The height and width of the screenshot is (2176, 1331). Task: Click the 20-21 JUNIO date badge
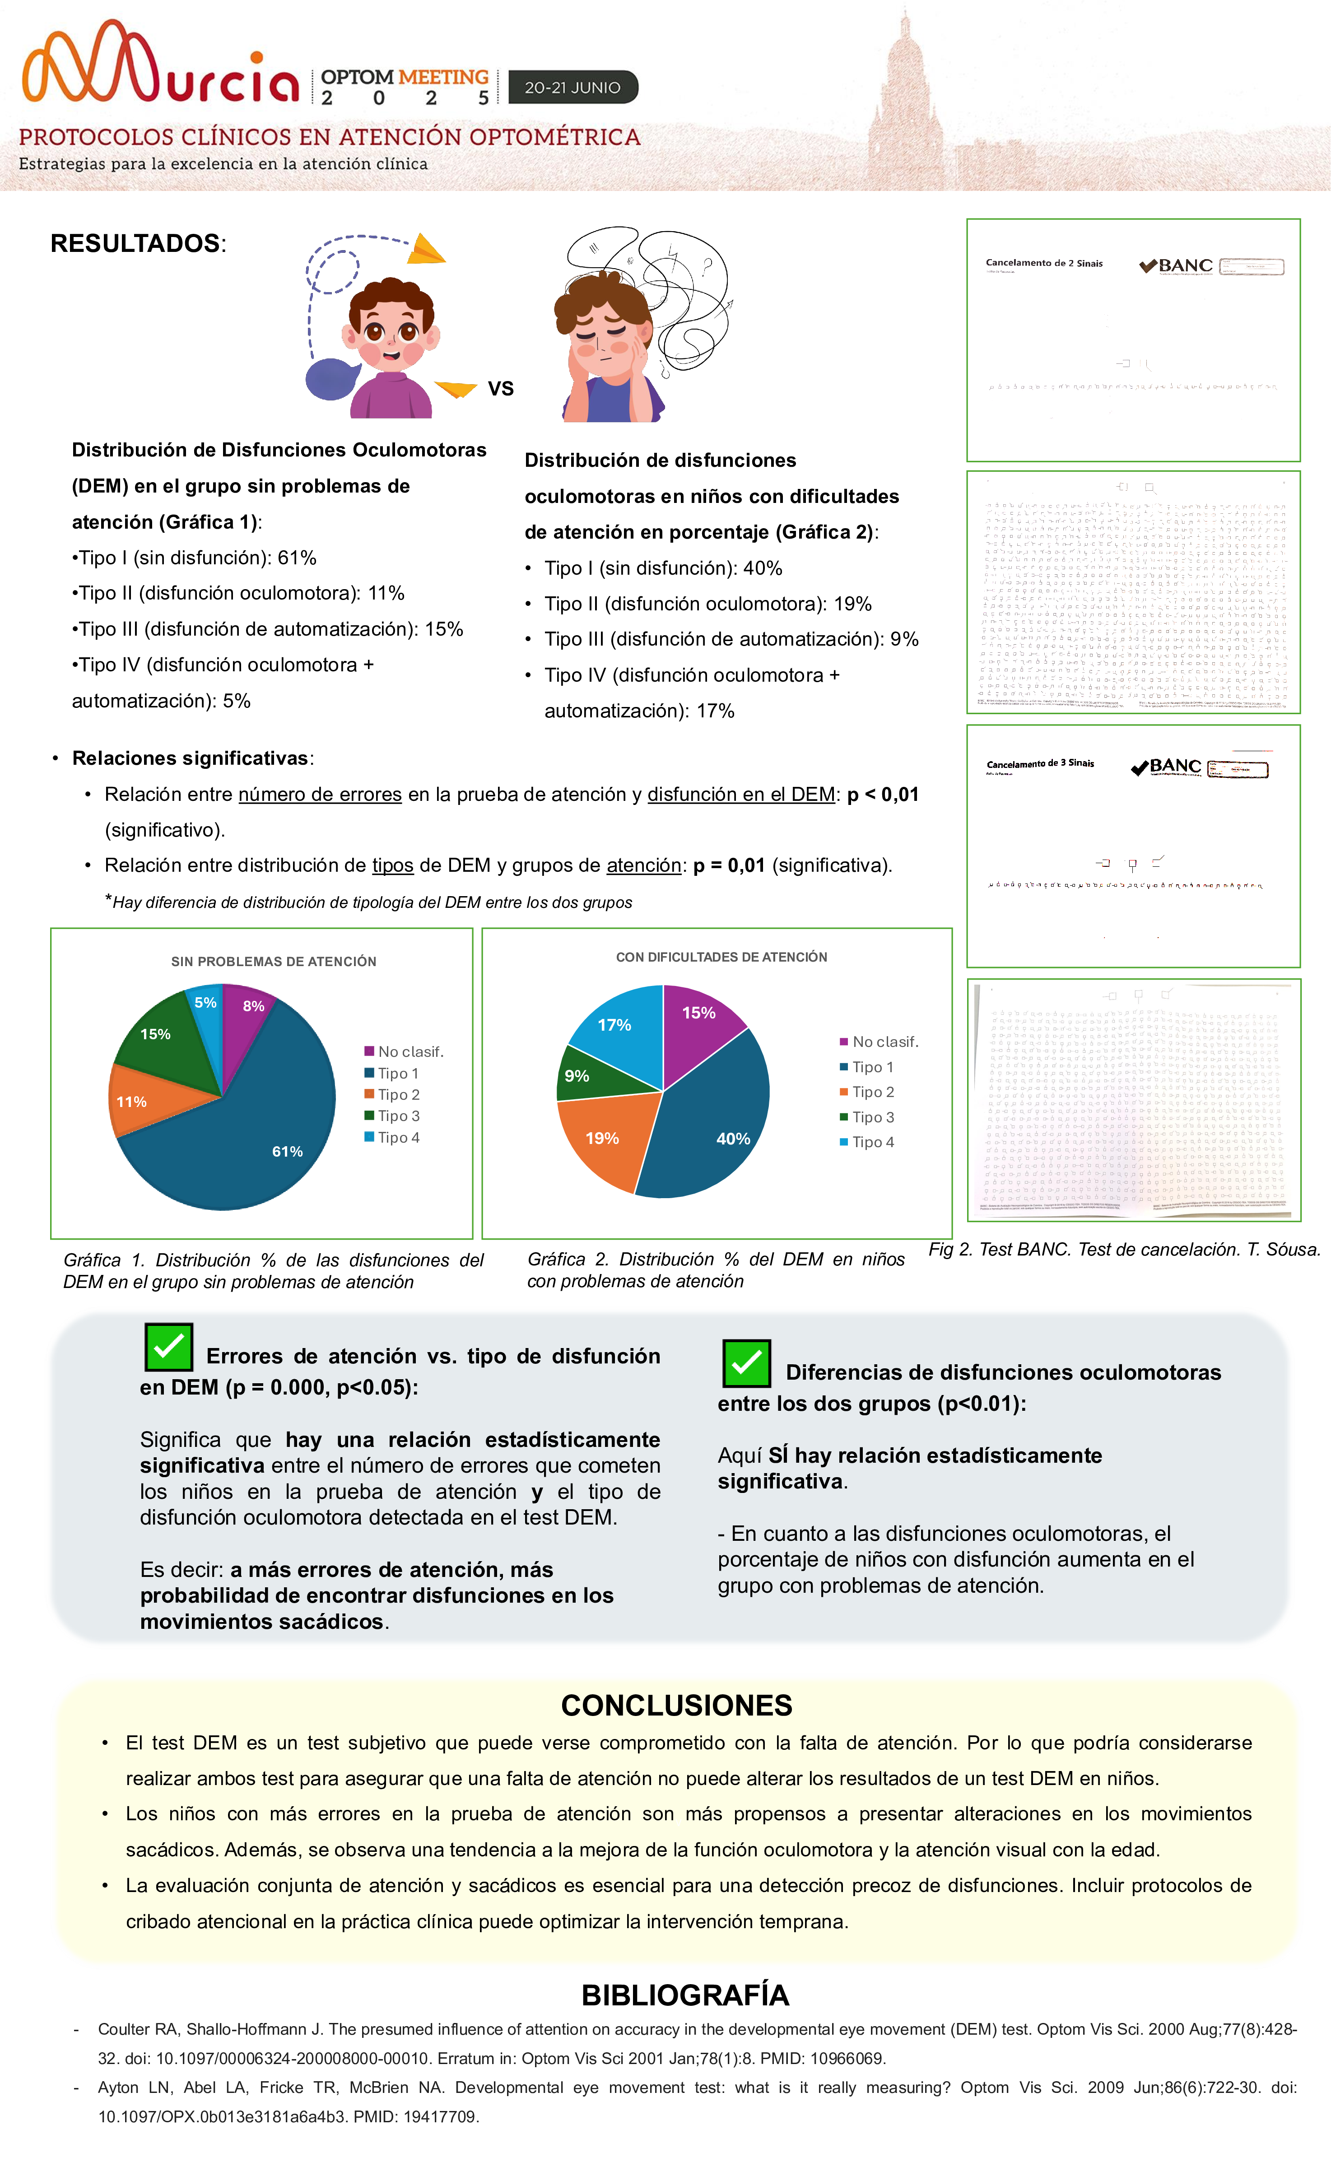572,88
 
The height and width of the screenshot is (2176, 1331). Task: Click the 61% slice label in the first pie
287,1152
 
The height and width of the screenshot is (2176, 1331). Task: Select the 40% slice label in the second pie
733,1139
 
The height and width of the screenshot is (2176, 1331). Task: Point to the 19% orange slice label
602,1139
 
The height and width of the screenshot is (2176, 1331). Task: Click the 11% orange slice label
131,1102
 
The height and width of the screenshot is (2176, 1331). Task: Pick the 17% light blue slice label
615,1025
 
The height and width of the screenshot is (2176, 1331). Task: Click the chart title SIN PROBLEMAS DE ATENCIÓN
274,962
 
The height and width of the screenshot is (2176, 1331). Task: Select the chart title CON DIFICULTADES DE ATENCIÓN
721,957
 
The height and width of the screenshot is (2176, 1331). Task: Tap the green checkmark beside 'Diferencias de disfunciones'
746,1362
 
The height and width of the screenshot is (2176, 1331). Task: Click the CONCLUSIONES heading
676,1705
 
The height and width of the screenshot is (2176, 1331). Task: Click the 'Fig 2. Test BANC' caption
1123,1250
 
